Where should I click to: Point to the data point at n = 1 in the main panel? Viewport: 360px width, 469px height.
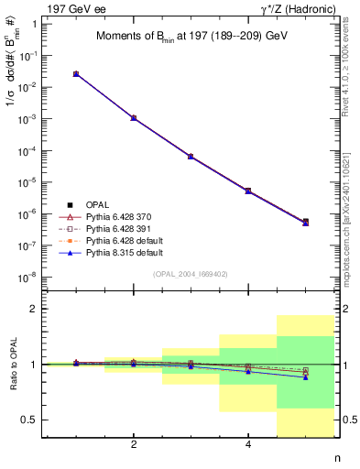pos(76,74)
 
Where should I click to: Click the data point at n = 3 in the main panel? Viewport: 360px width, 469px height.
pos(191,157)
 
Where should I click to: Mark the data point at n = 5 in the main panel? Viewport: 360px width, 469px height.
pos(305,222)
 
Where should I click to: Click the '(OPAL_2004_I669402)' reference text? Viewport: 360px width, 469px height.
pos(191,273)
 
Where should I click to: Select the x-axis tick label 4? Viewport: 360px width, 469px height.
pos(248,444)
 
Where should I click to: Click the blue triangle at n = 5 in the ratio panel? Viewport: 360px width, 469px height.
pos(305,377)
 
